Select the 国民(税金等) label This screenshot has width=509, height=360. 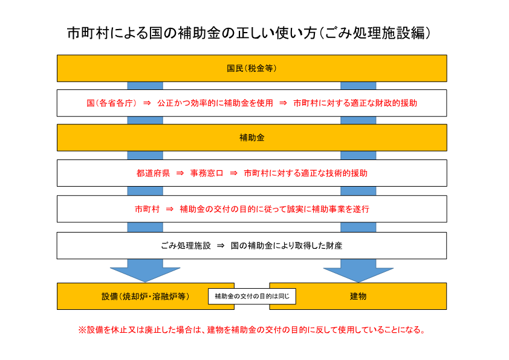click(251, 68)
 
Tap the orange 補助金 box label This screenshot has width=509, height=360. click(252, 138)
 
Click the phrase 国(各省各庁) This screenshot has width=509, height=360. click(111, 103)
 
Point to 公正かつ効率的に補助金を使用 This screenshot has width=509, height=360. click(215, 103)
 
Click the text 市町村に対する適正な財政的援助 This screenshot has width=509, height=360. click(355, 103)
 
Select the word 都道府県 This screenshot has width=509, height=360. click(153, 173)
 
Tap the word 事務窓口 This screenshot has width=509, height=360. click(207, 173)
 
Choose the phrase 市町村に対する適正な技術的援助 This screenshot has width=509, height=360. click(305, 173)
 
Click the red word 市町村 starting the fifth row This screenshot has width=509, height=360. click(147, 209)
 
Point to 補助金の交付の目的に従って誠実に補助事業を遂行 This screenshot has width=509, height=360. click(274, 209)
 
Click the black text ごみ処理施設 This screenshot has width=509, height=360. click(186, 246)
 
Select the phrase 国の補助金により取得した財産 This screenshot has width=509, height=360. click(287, 246)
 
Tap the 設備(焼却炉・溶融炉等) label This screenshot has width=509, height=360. click(146, 297)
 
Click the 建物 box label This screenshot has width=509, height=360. click(358, 297)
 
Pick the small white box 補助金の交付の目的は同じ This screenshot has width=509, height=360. click(252, 297)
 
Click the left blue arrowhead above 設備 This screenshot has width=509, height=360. click(145, 274)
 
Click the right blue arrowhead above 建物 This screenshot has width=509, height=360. click(358, 274)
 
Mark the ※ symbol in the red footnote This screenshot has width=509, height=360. click(82, 330)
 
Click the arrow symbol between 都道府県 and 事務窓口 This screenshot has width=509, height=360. click(180, 173)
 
